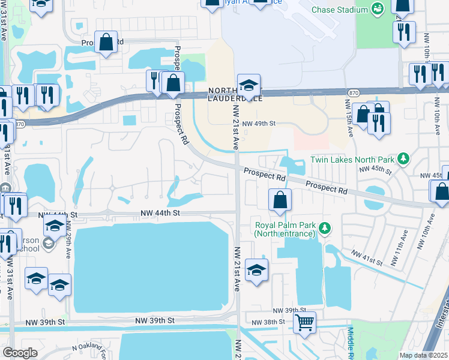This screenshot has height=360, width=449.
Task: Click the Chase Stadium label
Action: pyautogui.click(x=340, y=10)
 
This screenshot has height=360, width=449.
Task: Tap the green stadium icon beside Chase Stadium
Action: pyautogui.click(x=378, y=9)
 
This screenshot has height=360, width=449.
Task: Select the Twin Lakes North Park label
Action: pyautogui.click(x=352, y=160)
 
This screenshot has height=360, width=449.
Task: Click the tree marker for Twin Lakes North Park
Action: pyautogui.click(x=403, y=159)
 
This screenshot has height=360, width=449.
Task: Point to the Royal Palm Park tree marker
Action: pyautogui.click(x=325, y=228)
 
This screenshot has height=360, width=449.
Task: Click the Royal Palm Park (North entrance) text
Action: pyautogui.click(x=285, y=229)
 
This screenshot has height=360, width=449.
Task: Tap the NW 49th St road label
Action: pyautogui.click(x=255, y=124)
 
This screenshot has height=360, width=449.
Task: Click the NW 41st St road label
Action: pyautogui.click(x=367, y=257)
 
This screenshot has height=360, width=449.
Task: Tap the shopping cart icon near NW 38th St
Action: pyautogui.click(x=304, y=322)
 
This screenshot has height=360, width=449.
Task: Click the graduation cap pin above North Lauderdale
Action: pyautogui.click(x=249, y=85)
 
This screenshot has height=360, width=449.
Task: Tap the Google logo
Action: pyautogui.click(x=20, y=353)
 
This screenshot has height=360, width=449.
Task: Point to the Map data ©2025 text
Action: pyautogui.click(x=423, y=355)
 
